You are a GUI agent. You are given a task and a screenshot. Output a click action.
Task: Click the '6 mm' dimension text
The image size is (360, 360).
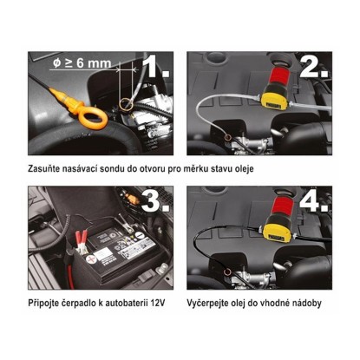(x=94, y=63)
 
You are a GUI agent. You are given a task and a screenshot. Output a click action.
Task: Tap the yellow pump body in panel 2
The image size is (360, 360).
(x=276, y=97)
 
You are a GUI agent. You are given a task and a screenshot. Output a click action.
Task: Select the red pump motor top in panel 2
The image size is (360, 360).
(x=279, y=75)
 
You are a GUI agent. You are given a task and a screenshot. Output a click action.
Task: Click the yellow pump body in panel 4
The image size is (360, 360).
(x=278, y=228)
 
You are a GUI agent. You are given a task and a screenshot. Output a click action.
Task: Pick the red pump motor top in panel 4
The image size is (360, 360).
(x=283, y=206)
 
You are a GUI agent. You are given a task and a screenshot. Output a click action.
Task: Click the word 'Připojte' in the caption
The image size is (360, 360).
(x=43, y=303)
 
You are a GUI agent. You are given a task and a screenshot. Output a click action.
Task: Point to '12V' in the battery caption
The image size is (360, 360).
(x=158, y=303)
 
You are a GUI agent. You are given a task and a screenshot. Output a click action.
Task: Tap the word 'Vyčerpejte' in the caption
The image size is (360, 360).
(x=206, y=303)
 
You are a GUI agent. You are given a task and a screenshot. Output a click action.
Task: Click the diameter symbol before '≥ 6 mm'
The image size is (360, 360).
(x=57, y=63)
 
